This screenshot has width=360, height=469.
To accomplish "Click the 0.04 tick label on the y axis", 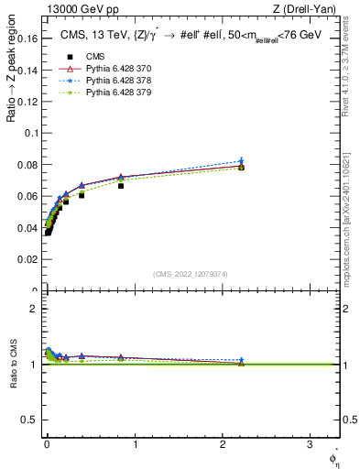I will pos(29,228).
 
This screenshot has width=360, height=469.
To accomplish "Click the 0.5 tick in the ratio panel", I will pos(32,420).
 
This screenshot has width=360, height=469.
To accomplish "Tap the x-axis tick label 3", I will pos(310,447).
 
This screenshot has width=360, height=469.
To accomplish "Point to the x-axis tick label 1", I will pos(135,447).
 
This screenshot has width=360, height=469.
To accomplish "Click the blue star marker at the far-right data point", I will pos(241,161).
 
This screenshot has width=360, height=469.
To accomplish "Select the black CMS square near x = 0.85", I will pos(120,186).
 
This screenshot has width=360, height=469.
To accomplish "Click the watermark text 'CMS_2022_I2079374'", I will pos(190,274).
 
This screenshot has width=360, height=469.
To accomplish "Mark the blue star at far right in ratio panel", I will pos(241,360).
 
